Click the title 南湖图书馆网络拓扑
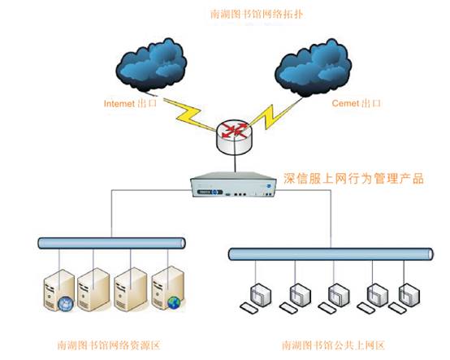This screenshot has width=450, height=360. (x=257, y=14)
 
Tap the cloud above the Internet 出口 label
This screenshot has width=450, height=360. (x=151, y=66)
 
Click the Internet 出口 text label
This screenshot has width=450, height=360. (x=130, y=103)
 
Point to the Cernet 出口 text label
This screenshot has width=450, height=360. (x=356, y=103)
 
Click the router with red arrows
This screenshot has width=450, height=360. (x=235, y=137)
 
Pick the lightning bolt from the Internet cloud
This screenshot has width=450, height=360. (x=189, y=114)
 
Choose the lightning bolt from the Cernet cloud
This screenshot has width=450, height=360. (x=275, y=115)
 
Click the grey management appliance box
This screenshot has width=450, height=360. (x=233, y=184)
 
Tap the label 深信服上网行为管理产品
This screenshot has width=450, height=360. (x=353, y=178)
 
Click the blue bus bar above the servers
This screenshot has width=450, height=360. (x=111, y=243)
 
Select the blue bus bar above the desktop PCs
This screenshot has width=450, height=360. (x=331, y=254)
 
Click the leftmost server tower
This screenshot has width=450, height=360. (x=58, y=291)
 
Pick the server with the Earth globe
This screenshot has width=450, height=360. (x=168, y=288)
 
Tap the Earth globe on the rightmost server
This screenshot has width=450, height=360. (x=174, y=303)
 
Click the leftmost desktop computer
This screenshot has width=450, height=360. (x=256, y=298)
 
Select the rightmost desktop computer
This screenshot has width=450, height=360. (x=405, y=298)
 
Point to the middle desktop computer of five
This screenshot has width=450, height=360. (x=334, y=298)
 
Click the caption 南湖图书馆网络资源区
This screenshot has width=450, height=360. (x=109, y=345)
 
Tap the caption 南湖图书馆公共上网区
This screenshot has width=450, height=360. (x=333, y=345)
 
